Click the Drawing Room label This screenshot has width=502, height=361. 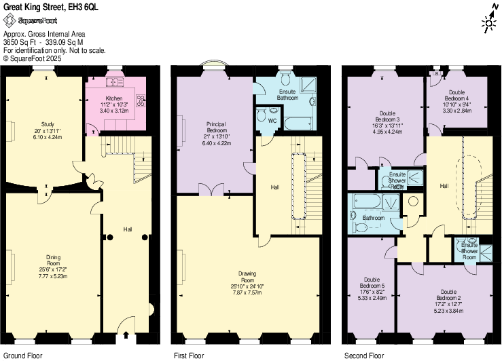tap(247, 280)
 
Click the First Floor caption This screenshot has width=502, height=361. tap(188, 355)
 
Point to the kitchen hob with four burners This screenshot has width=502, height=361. tap(141, 100)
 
